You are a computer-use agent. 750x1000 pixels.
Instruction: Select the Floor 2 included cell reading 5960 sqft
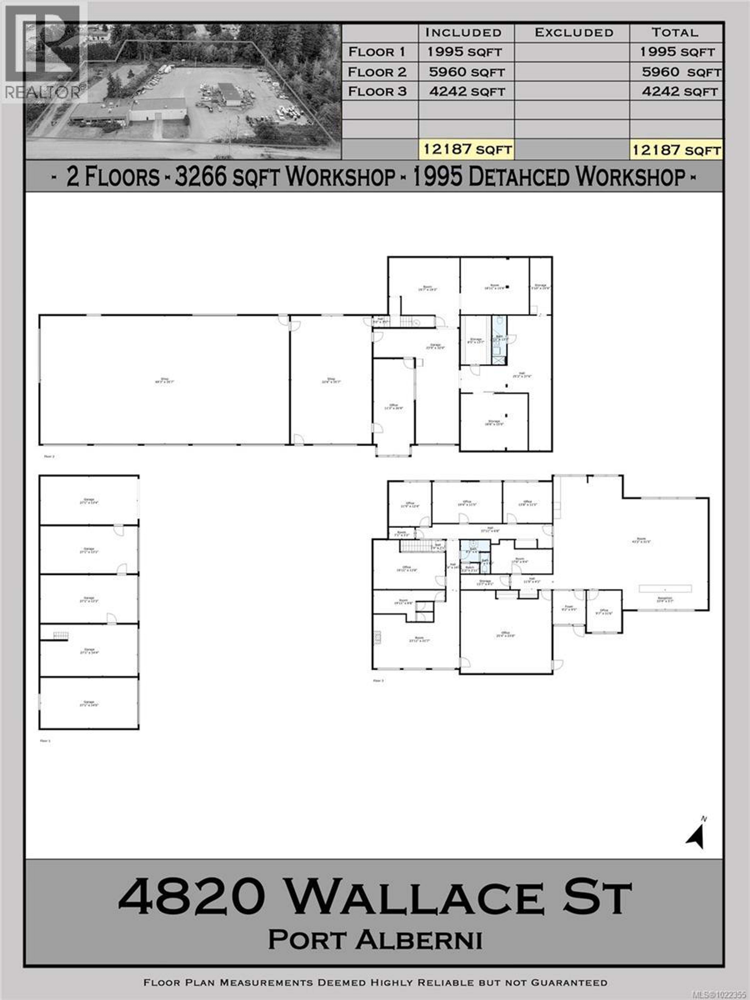click(466, 72)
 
